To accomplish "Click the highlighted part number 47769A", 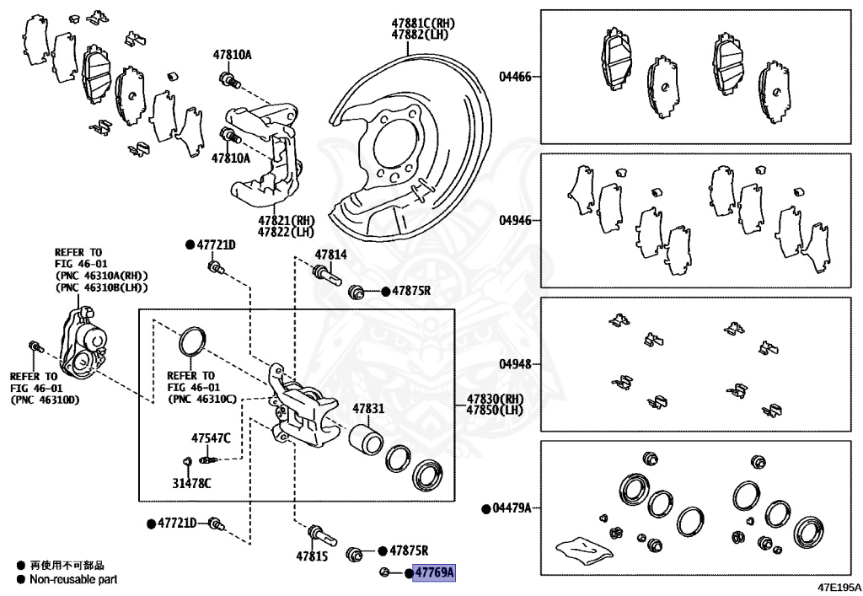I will [x=434, y=573].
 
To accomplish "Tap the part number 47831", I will [x=368, y=408].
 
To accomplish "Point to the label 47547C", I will [x=211, y=438].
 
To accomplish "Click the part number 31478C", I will [x=191, y=483].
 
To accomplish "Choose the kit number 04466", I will [x=515, y=76].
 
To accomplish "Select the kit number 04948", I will [x=515, y=365].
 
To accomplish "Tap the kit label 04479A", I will [x=512, y=508].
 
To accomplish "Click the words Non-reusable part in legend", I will [x=73, y=579].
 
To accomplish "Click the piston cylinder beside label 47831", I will [x=366, y=441].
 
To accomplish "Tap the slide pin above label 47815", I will [x=321, y=532].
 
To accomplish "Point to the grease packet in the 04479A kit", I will [x=584, y=548].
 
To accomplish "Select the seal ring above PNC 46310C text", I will [x=191, y=341].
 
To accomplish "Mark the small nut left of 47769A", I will [x=384, y=573].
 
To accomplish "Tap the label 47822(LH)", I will [x=286, y=232].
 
